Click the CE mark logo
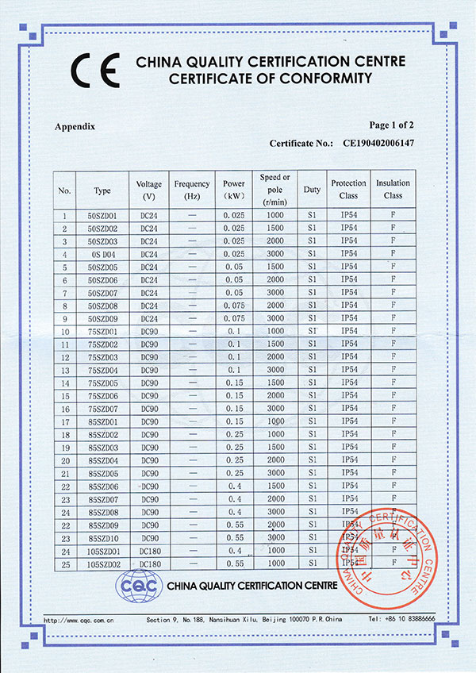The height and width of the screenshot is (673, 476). point(94,70)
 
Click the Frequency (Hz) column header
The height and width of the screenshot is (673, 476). point(191,189)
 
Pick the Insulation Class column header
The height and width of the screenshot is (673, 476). point(393,189)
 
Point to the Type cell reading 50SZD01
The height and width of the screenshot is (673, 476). point(102,215)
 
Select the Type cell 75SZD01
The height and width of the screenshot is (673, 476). point(102,331)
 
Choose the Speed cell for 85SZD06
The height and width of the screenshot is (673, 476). point(275,486)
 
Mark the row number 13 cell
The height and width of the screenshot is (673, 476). point(64,370)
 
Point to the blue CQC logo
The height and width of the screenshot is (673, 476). point(138,587)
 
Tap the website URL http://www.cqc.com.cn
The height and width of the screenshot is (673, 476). point(79,619)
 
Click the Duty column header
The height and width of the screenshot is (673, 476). point(311,190)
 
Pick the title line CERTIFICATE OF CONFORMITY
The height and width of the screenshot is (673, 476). point(270,79)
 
